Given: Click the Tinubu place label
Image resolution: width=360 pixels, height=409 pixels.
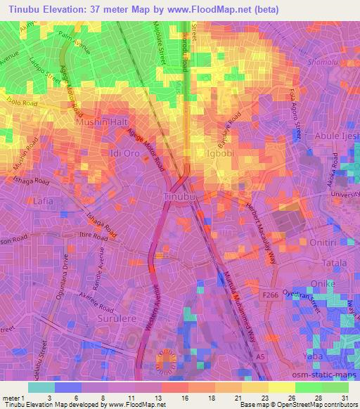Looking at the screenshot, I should [179, 196].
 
